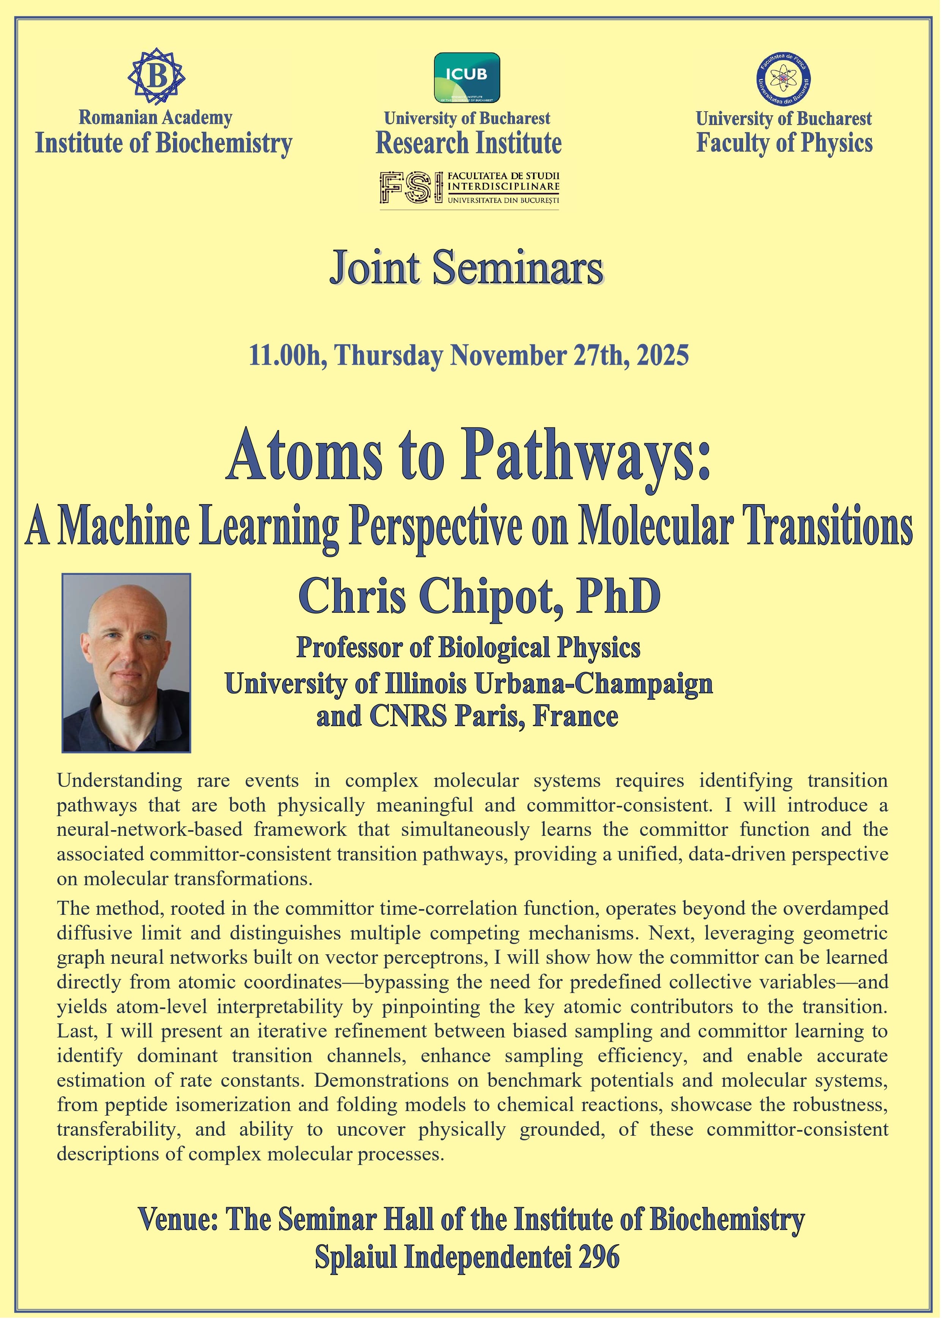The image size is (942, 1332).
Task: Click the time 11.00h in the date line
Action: click(x=284, y=355)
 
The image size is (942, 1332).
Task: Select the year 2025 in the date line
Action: click(x=663, y=355)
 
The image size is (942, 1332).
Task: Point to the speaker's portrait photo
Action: click(x=126, y=662)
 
